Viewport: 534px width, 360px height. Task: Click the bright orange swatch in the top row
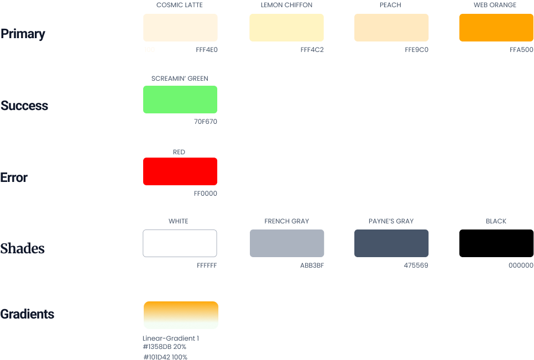[x=496, y=29]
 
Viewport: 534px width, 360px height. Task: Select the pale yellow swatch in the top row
[x=301, y=29]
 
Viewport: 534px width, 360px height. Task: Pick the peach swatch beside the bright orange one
[x=407, y=29]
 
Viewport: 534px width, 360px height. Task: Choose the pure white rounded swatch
[x=180, y=243]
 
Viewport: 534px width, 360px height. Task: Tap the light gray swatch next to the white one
[x=270, y=243]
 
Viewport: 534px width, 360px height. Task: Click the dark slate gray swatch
[x=391, y=243]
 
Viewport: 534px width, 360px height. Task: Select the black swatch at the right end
[x=496, y=243]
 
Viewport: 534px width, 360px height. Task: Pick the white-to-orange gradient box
[x=181, y=319]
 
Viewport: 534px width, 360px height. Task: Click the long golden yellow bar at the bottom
[x=376, y=319]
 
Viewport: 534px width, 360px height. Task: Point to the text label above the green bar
[x=180, y=80]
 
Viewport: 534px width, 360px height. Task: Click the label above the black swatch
[x=496, y=223]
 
